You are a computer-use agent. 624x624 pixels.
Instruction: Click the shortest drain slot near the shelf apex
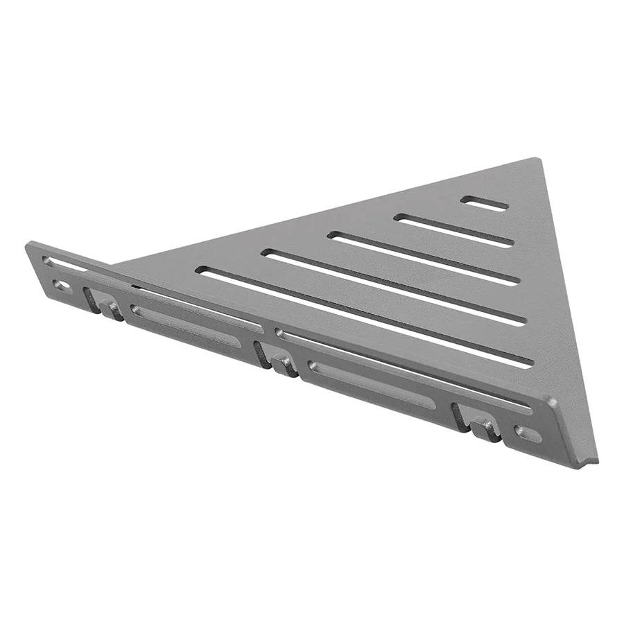pyautogui.click(x=484, y=202)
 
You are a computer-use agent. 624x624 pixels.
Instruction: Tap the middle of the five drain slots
pyautogui.click(x=424, y=259)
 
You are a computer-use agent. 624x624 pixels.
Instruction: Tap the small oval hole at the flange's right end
pyautogui.click(x=528, y=434)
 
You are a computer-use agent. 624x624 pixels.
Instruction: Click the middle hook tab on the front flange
pyautogui.click(x=284, y=365)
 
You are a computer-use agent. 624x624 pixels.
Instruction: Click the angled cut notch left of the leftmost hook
pyautogui.click(x=89, y=300)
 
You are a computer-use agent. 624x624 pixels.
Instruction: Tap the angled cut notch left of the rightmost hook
pyautogui.click(x=458, y=417)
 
